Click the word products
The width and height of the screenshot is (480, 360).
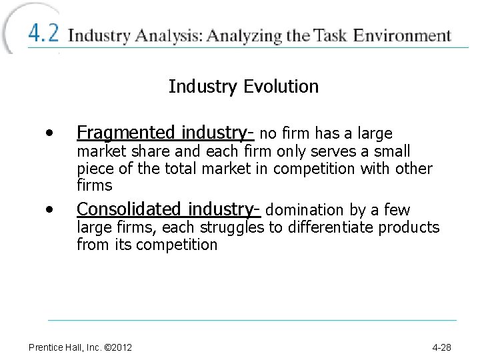click(409, 228)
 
